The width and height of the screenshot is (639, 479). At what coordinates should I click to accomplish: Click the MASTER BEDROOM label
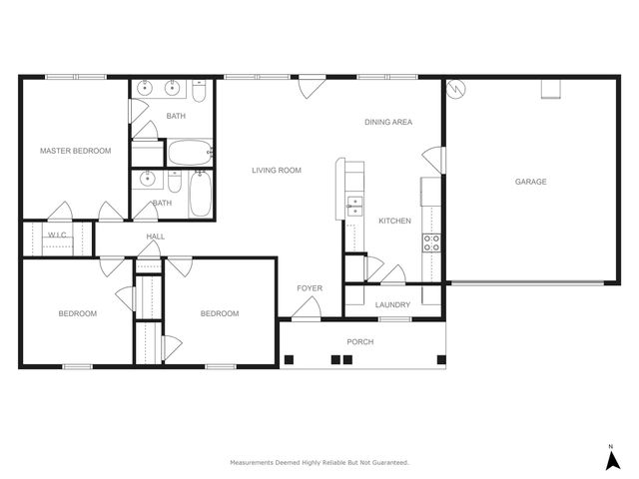pyautogui.click(x=75, y=151)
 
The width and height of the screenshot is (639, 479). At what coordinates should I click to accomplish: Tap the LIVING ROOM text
pyautogui.click(x=277, y=171)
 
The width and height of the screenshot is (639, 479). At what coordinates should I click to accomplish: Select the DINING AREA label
pyautogui.click(x=388, y=122)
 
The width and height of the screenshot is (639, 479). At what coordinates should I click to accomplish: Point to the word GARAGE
pyautogui.click(x=530, y=182)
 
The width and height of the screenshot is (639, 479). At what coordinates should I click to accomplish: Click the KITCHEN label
pyautogui.click(x=395, y=221)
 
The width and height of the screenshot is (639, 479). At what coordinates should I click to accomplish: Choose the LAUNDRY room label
pyautogui.click(x=392, y=305)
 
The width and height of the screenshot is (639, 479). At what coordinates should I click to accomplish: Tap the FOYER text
pyautogui.click(x=310, y=288)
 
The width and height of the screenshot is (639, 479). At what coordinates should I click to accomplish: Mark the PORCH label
pyautogui.click(x=359, y=342)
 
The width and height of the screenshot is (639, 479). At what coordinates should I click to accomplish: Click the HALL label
pyautogui.click(x=156, y=237)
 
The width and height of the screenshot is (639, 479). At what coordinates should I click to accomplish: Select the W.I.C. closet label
pyautogui.click(x=57, y=237)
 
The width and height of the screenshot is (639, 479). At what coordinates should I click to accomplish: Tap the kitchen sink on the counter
pyautogui.click(x=354, y=206)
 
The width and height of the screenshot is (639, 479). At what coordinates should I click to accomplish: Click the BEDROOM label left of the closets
pyautogui.click(x=77, y=313)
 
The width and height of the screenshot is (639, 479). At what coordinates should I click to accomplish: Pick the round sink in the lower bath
pyautogui.click(x=148, y=180)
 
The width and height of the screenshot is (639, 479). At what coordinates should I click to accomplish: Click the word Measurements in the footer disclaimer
pyautogui.click(x=254, y=463)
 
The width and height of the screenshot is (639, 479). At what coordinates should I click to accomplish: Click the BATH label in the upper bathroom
pyautogui.click(x=176, y=117)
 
